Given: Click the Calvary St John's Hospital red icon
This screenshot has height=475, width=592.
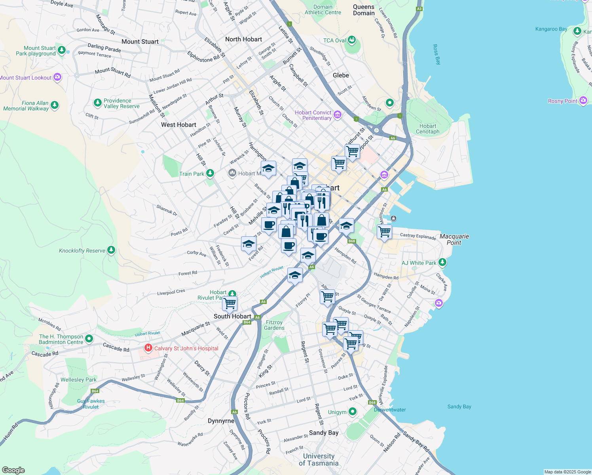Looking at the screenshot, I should pos(148,348).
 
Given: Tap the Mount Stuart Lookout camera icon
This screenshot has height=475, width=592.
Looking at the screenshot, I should pos(57,77).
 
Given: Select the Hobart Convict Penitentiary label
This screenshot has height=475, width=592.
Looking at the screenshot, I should pos(313,115).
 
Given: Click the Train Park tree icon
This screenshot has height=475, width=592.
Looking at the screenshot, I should pos(210,173).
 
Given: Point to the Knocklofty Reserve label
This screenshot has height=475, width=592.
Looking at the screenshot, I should pos(82,251).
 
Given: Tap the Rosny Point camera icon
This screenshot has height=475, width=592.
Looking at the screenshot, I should pos(583,101).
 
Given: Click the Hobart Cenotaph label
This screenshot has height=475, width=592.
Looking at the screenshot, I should pos(427,129).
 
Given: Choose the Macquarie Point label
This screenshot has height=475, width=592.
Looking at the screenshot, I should pos(454,239).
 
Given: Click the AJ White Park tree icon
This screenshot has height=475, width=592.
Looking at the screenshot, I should pos(442,262).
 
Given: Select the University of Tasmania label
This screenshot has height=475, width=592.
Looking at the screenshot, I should pos(319,460).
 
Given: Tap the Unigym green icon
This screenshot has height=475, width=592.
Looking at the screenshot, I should pos(352,412).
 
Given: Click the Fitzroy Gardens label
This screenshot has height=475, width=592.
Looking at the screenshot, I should pos(274,325).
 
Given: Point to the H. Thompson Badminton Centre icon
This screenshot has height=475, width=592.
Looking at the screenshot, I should pos(89,338).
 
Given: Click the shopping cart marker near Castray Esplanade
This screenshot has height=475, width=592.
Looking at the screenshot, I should pos(384,232).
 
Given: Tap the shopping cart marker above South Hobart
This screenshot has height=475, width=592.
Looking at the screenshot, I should pos(230,304).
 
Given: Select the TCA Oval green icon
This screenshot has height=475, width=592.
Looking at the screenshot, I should pos(351,40).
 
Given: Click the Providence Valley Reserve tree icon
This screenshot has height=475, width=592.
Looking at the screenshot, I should pos(97,103).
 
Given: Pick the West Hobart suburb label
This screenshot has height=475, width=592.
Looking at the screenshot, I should pos(178,125).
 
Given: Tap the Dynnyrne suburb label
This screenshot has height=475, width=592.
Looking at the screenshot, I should pos(221,421).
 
